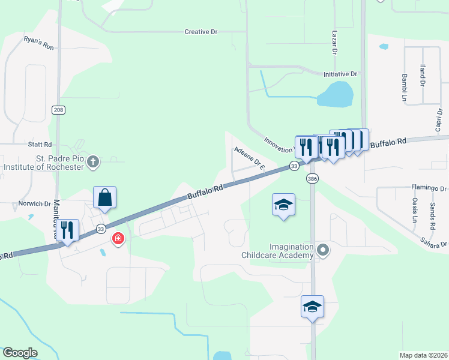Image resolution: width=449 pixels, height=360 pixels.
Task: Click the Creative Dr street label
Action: point(200,32)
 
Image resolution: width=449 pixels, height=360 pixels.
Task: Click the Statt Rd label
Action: point(40,145)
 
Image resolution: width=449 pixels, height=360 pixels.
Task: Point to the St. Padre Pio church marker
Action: point(92,161)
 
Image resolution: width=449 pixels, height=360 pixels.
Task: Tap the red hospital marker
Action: point(118,239)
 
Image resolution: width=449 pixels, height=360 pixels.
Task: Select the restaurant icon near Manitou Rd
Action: point(67,229)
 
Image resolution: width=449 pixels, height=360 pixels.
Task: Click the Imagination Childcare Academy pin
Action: point(324,250)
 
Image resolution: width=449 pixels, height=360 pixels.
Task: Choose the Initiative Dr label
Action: point(340,74)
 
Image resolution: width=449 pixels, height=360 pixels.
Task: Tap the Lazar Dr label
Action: point(334,42)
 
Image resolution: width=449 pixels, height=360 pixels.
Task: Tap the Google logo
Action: point(20,353)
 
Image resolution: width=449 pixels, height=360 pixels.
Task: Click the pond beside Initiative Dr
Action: point(335,94)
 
